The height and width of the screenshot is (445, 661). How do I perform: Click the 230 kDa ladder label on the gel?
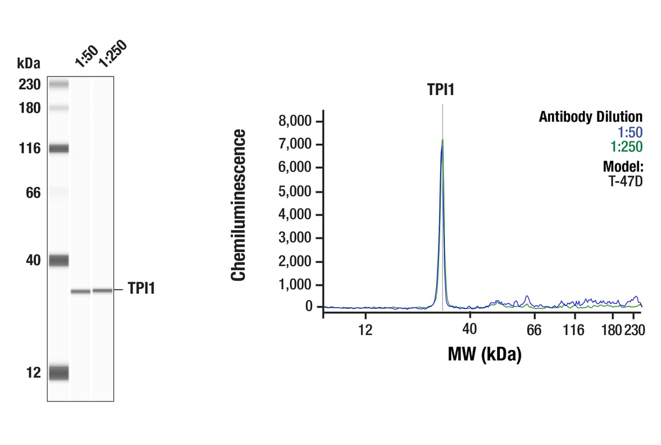click(29, 85)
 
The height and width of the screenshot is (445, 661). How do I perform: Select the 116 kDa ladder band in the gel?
click(59, 149)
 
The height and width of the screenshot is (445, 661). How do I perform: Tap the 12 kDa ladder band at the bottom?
click(59, 373)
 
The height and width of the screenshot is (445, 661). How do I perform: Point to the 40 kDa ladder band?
click(59, 261)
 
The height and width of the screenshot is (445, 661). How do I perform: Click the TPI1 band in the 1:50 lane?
click(81, 291)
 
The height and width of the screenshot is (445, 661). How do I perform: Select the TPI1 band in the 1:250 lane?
click(102, 290)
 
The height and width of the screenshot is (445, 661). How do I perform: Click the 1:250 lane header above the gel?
click(111, 54)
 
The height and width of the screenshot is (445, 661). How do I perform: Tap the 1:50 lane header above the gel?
click(86, 57)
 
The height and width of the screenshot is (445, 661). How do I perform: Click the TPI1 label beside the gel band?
click(141, 289)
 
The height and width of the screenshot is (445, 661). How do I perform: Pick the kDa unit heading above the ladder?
click(29, 63)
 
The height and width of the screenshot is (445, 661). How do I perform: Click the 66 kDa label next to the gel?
click(34, 193)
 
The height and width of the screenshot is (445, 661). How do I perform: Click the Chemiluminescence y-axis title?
click(239, 205)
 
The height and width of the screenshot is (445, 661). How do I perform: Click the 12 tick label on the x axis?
click(364, 330)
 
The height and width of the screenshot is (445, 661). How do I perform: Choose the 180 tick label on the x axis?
click(611, 330)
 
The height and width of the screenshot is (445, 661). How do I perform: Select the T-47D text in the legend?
click(626, 181)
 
